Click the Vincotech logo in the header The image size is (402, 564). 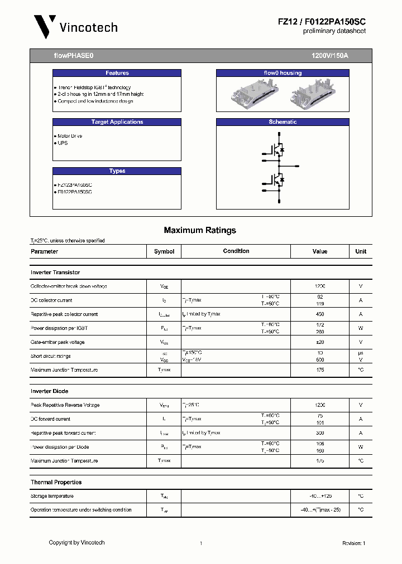click(75, 27)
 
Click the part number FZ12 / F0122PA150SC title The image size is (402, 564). click(322, 21)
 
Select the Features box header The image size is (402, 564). click(117, 73)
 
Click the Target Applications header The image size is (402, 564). click(117, 122)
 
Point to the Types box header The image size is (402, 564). click(117, 171)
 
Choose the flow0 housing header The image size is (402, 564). click(283, 73)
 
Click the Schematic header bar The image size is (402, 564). click(283, 122)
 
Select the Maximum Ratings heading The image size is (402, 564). click(200, 230)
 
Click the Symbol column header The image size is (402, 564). click(164, 251)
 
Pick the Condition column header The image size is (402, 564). click(236, 251)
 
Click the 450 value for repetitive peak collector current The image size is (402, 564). click(320, 314)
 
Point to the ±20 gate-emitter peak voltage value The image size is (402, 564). click(320, 342)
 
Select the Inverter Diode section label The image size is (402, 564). click(50, 391)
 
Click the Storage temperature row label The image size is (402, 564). click(52, 496)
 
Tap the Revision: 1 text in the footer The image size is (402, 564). click(353, 543)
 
